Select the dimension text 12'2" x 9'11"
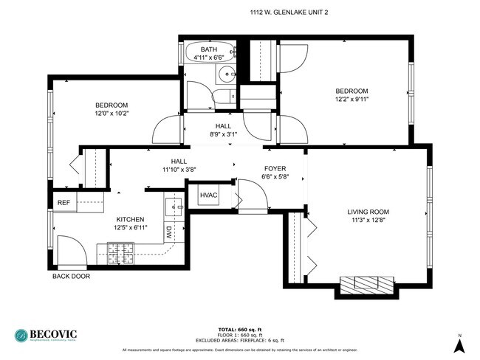352,100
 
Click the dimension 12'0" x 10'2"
112,114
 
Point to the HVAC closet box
210,195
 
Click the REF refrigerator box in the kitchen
64,203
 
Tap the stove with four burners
120,254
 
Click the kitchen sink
174,204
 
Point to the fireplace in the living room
367,283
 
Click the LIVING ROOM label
368,212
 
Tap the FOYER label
275,169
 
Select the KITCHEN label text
130,219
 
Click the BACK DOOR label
71,277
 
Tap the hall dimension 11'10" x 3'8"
179,170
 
